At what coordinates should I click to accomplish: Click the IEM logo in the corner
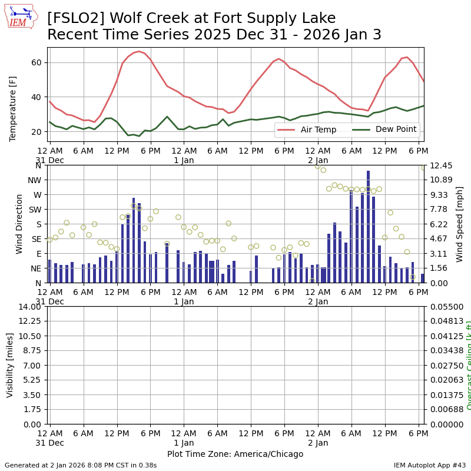(21, 16)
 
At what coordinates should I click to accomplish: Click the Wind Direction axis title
(19, 224)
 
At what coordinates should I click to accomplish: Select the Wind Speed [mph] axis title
(460, 224)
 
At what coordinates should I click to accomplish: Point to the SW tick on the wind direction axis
(35, 210)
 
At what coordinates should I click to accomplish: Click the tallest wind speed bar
(368, 227)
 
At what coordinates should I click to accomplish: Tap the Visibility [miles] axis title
(10, 365)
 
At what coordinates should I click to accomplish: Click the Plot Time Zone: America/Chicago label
(235, 454)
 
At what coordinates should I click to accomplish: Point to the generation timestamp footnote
(81, 465)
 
